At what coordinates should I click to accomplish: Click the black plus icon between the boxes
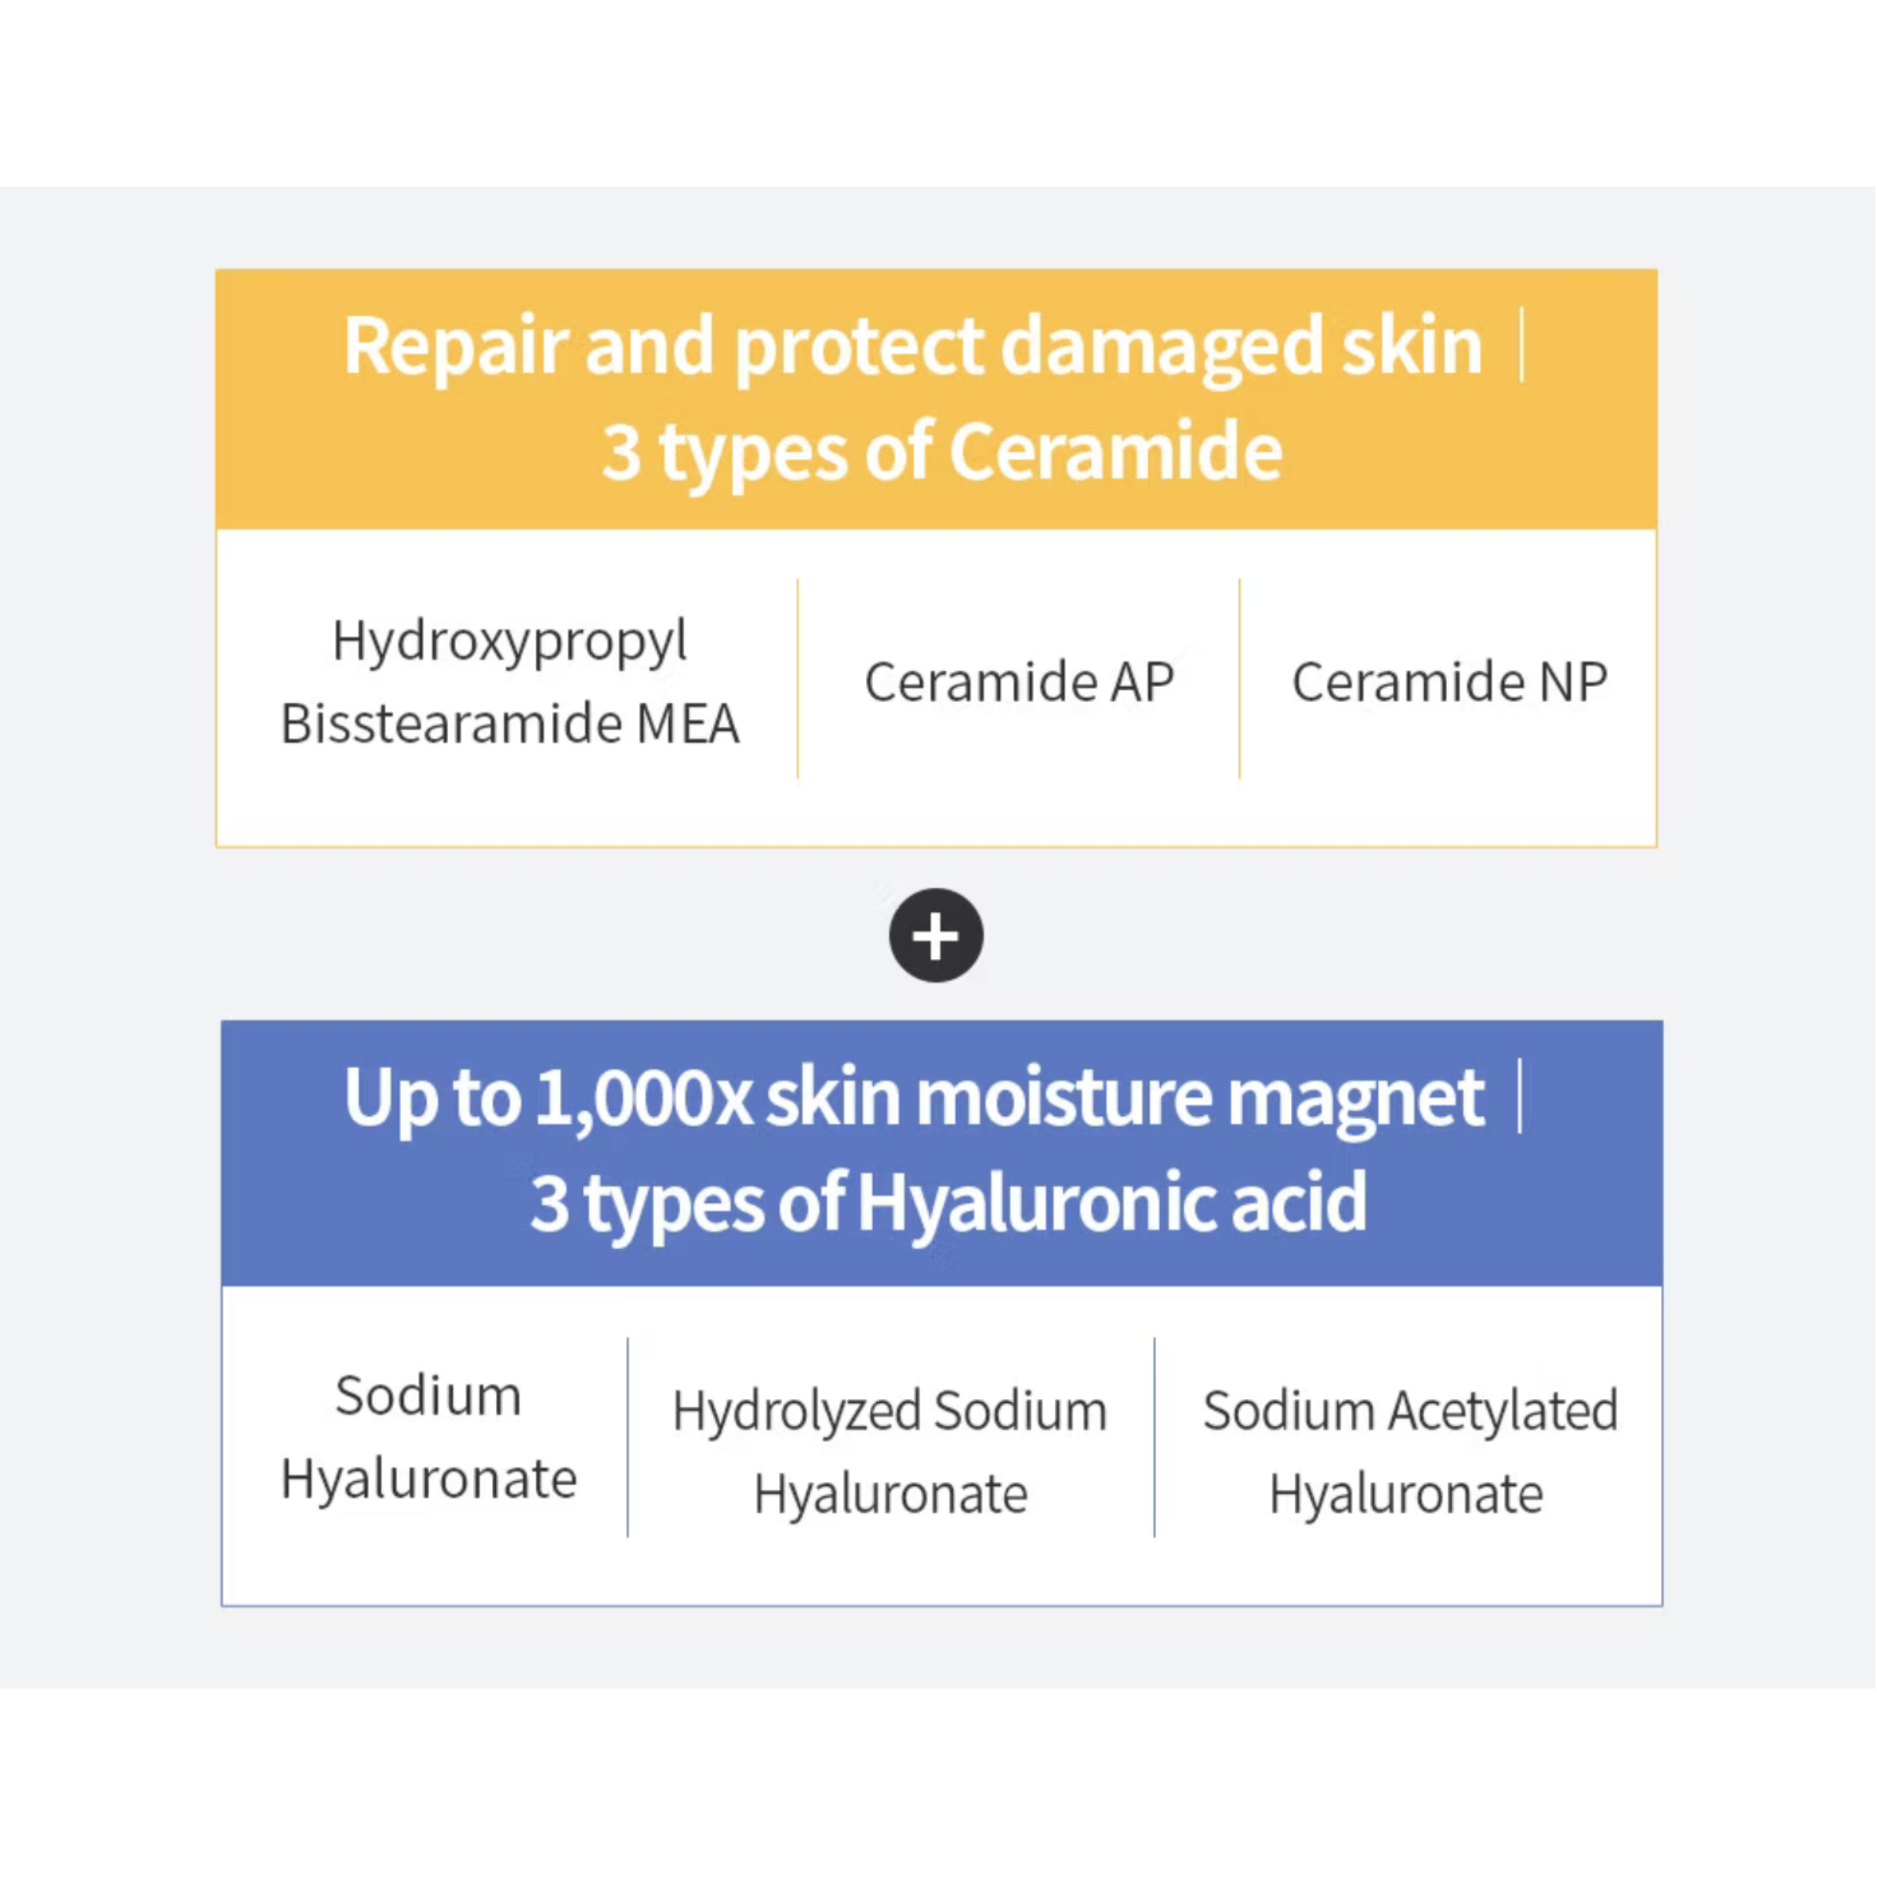coord(935,935)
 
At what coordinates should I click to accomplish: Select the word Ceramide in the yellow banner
coord(1115,452)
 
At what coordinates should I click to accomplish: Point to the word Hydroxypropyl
coord(509,642)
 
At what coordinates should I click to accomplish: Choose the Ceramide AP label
coord(1019,681)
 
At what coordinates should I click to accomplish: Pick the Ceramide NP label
coord(1449,681)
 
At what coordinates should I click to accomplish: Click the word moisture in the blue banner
coord(1065,1098)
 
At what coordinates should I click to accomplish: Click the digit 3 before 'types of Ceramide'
coord(621,453)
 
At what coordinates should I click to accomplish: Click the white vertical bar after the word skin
coord(1521,345)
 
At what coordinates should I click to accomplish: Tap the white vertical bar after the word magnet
coord(1520,1096)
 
